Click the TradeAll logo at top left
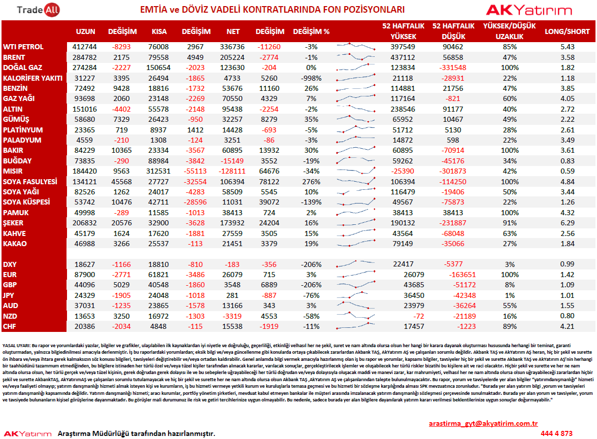coord(38,10)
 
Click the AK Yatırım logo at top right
coord(529,10)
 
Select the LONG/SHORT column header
coord(567,31)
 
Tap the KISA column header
coord(159,31)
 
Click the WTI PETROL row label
coord(23,47)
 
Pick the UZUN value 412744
coord(84,47)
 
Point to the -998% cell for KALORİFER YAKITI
coord(311,78)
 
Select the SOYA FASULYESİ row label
coord(30,182)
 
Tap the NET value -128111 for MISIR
coord(232,172)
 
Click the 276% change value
coord(311,182)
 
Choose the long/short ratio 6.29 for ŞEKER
coord(568,223)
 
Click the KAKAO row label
coord(15,244)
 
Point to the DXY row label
coord(10,264)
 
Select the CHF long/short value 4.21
coord(568,326)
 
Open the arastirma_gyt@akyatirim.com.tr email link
coord(483,423)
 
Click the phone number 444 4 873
coord(556,433)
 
